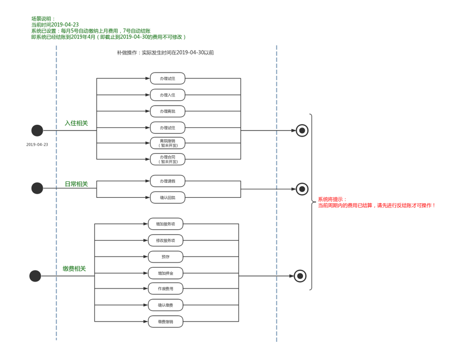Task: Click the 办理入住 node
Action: point(168,95)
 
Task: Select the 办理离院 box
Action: point(168,111)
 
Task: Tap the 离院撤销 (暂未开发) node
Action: point(168,143)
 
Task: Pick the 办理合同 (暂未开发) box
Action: point(168,159)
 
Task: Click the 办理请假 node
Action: point(168,181)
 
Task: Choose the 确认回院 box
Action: point(168,197)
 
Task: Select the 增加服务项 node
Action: point(165,224)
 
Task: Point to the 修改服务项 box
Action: point(165,241)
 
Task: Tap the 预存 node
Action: point(165,257)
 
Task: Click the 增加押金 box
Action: point(165,273)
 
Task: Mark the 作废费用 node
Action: point(165,289)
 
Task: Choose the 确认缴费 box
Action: point(165,305)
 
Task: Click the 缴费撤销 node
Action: point(165,322)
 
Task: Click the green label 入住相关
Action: point(76,123)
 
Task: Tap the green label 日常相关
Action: point(76,184)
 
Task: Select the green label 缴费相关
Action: point(74,269)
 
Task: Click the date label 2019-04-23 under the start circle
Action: point(37,145)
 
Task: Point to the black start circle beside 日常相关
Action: point(37,188)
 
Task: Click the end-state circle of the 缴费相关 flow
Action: point(300,276)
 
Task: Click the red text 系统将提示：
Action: point(332,199)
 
